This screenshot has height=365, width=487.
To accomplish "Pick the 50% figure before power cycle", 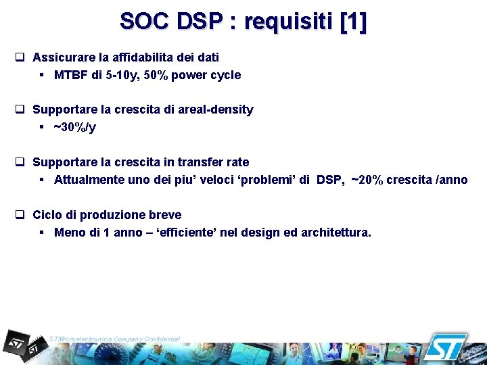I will [x=156, y=75].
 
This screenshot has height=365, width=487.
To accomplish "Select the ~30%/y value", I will [x=74, y=126].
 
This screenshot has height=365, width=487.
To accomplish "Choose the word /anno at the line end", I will [x=451, y=180].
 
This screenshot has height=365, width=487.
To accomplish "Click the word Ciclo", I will [x=47, y=215].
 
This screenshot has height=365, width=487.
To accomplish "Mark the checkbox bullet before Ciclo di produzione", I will [x=20, y=215].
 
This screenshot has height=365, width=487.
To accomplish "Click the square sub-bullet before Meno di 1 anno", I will [x=42, y=233].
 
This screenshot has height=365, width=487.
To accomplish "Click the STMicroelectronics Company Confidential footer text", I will [x=114, y=338].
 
